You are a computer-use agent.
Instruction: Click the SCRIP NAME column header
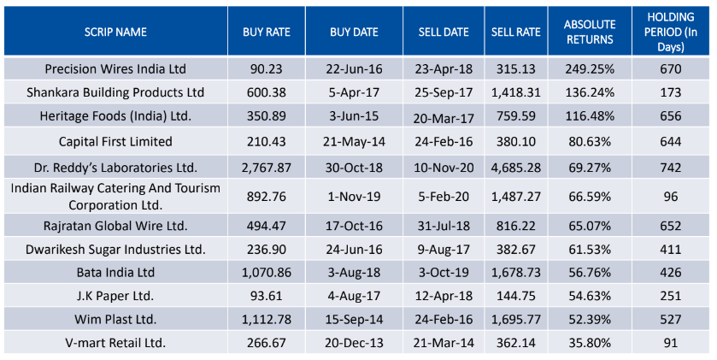(x=115, y=32)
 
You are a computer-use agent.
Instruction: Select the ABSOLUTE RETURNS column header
(x=589, y=32)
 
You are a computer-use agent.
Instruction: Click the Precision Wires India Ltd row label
(x=115, y=68)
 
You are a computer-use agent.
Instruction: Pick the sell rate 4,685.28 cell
(x=516, y=167)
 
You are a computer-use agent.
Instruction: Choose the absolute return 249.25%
(x=589, y=68)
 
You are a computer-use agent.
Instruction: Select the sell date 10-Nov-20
(x=444, y=167)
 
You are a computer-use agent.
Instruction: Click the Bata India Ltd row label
(x=115, y=272)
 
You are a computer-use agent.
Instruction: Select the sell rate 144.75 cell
(x=516, y=296)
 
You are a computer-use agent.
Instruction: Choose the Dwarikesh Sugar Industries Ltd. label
(x=115, y=249)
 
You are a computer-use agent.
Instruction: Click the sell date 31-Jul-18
(x=444, y=226)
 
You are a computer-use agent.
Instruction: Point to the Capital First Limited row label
(x=115, y=141)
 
